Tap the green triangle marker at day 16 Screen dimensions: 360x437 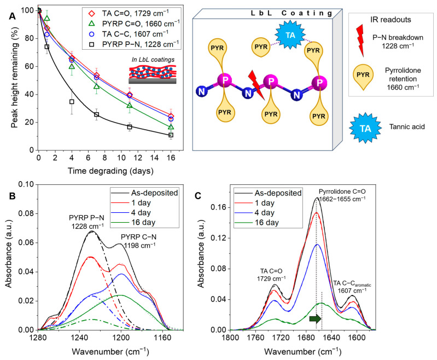click(171, 127)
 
